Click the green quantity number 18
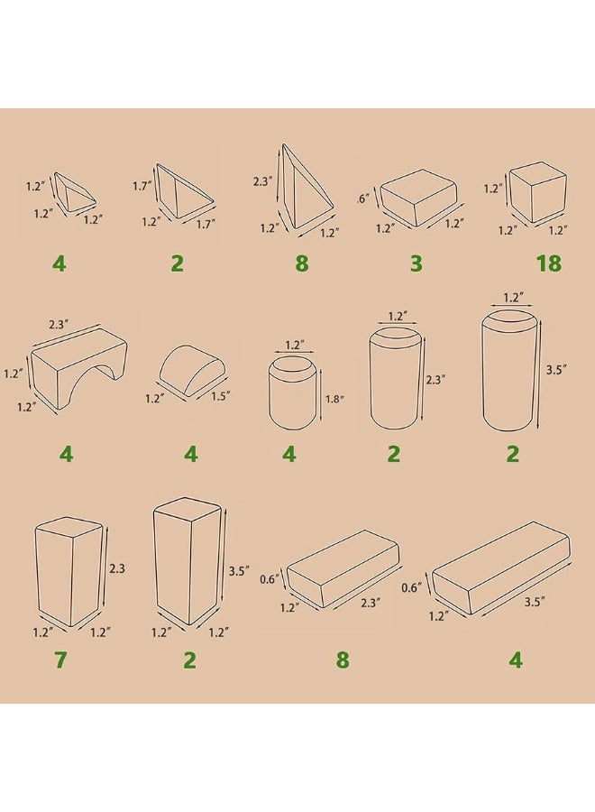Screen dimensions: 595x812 click(x=549, y=263)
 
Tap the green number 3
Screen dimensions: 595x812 click(x=416, y=263)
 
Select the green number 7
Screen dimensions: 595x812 click(x=60, y=660)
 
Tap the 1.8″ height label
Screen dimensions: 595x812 click(x=334, y=400)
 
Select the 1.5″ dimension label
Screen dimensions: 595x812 click(x=220, y=396)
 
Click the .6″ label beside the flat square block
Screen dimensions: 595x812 click(x=363, y=198)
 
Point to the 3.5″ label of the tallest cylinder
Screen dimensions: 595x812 click(x=557, y=369)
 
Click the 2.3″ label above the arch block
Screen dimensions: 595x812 click(x=59, y=325)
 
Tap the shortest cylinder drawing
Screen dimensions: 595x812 click(x=292, y=392)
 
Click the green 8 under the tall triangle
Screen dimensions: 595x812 click(x=302, y=263)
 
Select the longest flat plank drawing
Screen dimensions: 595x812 click(x=501, y=568)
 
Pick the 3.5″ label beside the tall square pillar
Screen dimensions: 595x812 click(x=240, y=572)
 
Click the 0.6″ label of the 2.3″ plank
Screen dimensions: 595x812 click(x=269, y=579)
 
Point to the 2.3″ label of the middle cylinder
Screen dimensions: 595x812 click(x=435, y=380)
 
